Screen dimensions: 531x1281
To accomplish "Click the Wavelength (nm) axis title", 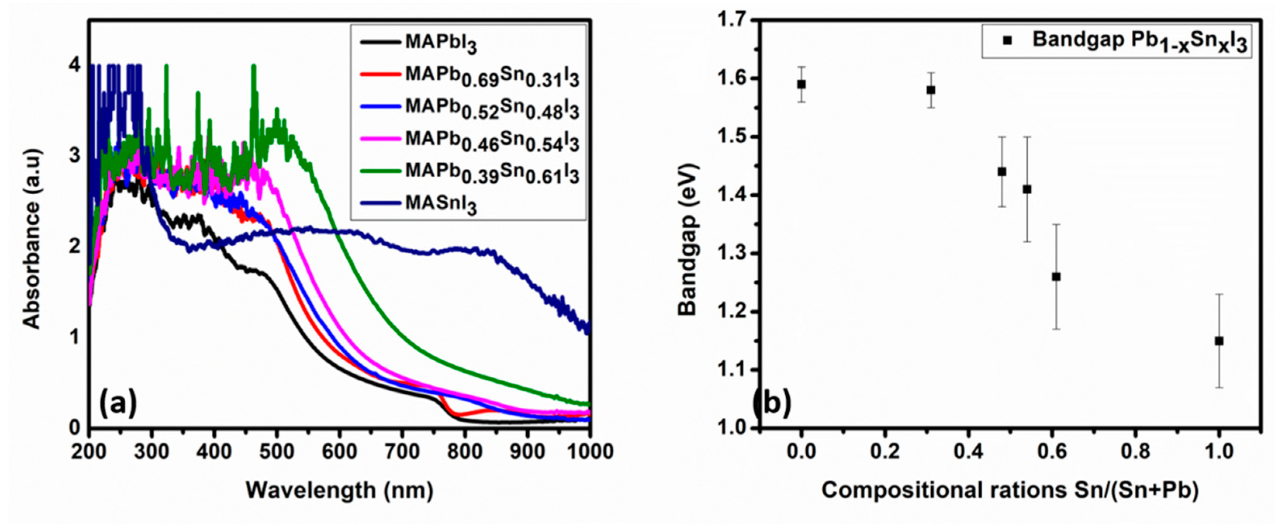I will [340, 490].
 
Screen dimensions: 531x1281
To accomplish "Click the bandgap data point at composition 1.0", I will [1219, 341].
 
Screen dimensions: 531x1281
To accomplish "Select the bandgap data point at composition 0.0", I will [801, 85].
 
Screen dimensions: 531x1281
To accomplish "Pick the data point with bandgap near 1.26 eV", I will [1056, 277].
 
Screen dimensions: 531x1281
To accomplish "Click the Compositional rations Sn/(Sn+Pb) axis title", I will [1010, 490].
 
